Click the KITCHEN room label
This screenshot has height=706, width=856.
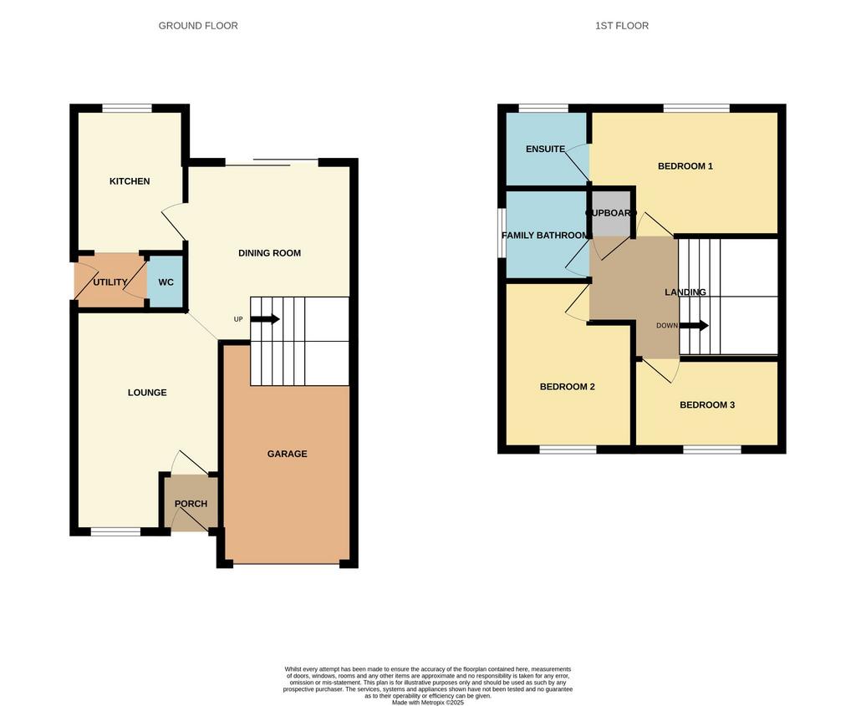pyautogui.click(x=130, y=181)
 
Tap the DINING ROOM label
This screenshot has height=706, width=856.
pyautogui.click(x=270, y=253)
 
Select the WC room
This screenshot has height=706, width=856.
pyautogui.click(x=166, y=282)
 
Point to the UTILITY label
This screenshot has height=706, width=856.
pyautogui.click(x=110, y=282)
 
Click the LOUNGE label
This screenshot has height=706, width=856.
pyautogui.click(x=147, y=393)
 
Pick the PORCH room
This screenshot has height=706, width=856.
pyautogui.click(x=191, y=502)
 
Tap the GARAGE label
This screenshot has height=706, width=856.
pyautogui.click(x=288, y=454)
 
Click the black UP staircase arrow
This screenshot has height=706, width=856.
pyautogui.click(x=265, y=319)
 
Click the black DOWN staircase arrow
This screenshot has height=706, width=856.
pyautogui.click(x=695, y=326)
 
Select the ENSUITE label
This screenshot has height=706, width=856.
pyautogui.click(x=545, y=149)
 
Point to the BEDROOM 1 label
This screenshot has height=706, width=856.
pyautogui.click(x=685, y=166)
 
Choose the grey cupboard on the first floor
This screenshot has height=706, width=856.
pyautogui.click(x=611, y=213)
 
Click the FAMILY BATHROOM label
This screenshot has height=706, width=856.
pyautogui.click(x=546, y=235)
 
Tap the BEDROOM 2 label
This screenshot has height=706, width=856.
pyautogui.click(x=568, y=387)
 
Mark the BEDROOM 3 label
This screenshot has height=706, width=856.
pyautogui.click(x=707, y=405)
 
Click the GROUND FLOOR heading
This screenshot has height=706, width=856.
pyautogui.click(x=198, y=26)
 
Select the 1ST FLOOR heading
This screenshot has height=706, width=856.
pyautogui.click(x=622, y=26)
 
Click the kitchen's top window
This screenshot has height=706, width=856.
pyautogui.click(x=127, y=108)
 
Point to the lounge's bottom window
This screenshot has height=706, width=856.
pyautogui.click(x=115, y=531)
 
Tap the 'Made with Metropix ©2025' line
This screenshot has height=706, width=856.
pyautogui.click(x=428, y=703)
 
